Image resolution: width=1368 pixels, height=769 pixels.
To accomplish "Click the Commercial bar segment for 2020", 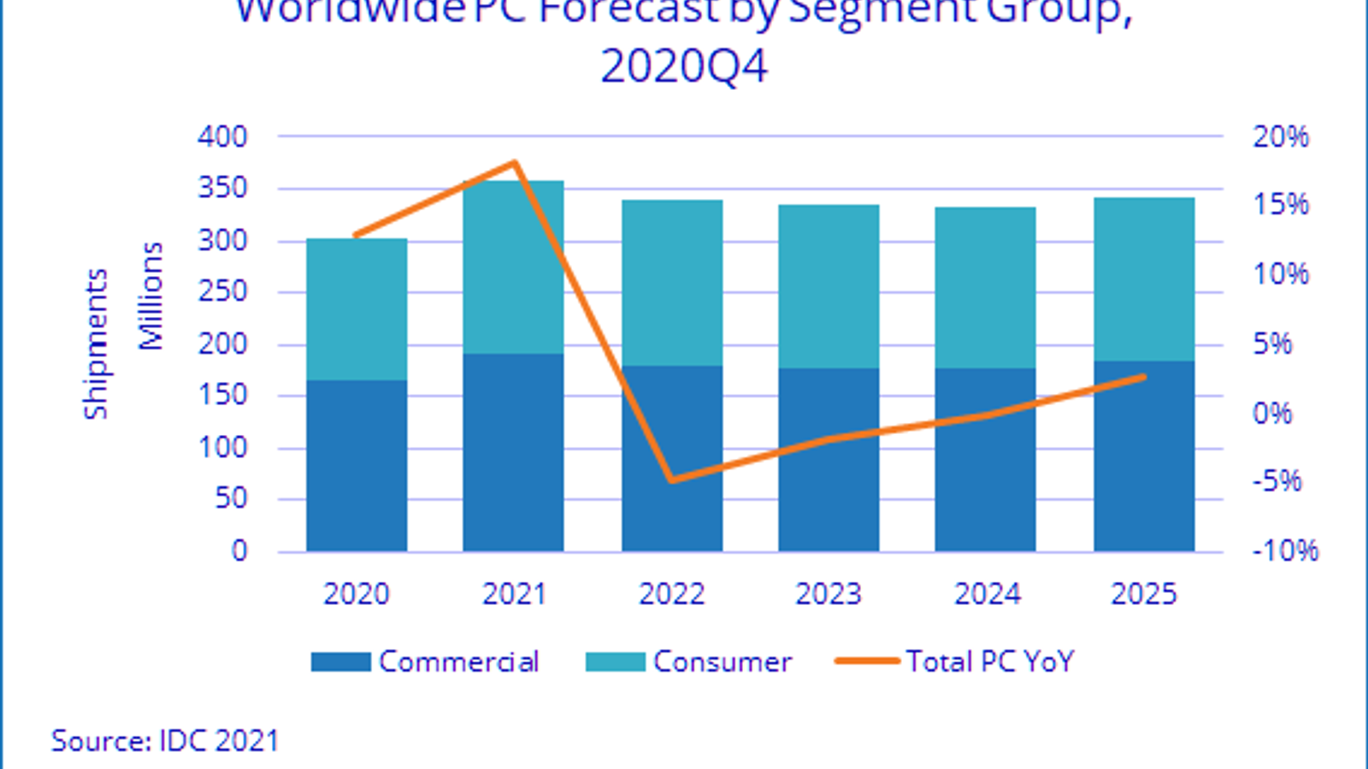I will coord(357,466).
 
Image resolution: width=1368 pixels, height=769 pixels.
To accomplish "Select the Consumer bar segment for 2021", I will coord(513,267).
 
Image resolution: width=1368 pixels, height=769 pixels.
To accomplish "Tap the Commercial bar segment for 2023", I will coord(828,460).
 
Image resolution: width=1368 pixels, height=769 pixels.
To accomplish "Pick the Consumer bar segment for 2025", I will coord(1144,279).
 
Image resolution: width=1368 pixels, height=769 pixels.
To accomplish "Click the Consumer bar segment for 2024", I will coord(985,287).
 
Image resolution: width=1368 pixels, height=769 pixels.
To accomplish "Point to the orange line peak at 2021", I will coord(515,162).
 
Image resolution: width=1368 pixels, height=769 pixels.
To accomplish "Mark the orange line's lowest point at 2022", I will coord(672,480).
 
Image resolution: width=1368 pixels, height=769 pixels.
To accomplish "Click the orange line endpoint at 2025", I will coord(1143,377).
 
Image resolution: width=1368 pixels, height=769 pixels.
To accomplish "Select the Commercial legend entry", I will coord(425,661).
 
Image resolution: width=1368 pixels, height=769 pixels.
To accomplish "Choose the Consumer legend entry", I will coord(689,661).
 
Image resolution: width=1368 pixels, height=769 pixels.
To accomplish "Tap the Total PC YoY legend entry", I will coord(954,661).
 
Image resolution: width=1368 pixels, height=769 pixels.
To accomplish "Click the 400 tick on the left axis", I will coord(222,137).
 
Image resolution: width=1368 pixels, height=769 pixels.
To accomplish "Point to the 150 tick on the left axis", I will coord(222,396).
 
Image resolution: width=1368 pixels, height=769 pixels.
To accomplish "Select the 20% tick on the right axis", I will coord(1280,137).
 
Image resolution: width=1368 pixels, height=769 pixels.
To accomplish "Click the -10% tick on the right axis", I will coord(1285,551).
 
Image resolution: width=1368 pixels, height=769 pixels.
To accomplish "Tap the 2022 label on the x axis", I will coord(671,594).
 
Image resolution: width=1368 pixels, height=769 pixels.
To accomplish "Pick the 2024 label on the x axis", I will coord(987,594).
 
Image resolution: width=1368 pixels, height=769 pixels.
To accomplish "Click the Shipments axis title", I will coord(96,343).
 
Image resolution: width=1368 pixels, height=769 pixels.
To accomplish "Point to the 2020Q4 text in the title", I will coord(684,66).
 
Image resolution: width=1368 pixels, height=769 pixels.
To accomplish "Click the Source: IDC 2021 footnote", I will coord(165,740).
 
